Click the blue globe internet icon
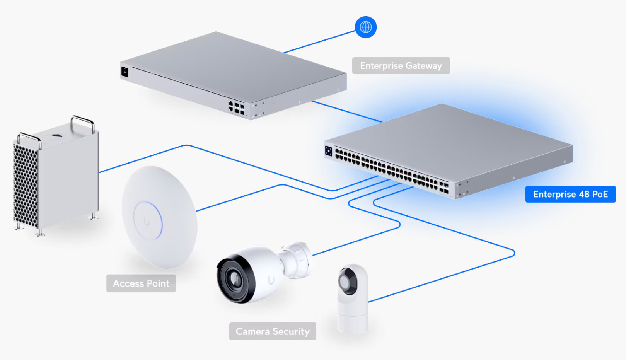point(365,27)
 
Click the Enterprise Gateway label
point(401,66)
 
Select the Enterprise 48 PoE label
point(570,194)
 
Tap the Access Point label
point(141,283)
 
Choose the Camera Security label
point(273,331)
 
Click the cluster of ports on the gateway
point(236,107)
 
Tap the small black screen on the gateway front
point(125,72)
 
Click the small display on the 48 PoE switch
point(329,151)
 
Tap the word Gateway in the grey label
point(423,66)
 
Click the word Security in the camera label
point(291,331)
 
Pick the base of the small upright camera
point(352,323)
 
